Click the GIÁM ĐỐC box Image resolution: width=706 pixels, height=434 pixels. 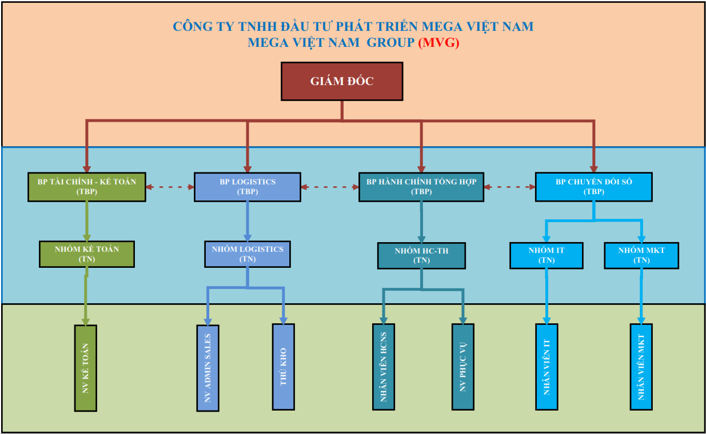(x=342, y=81)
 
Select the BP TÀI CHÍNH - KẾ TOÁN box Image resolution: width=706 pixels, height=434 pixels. (x=87, y=187)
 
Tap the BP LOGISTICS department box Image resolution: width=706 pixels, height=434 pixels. (x=247, y=187)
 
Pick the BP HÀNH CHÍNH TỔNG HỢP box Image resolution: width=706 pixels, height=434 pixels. (x=421, y=187)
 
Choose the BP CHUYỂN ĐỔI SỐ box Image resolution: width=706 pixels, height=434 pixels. (x=593, y=187)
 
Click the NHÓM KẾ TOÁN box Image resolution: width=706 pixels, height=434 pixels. (x=87, y=254)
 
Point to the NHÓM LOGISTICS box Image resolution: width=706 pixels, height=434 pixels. (x=247, y=254)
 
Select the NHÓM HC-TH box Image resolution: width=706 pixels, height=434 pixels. (x=421, y=255)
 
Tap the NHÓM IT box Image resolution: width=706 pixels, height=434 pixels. (x=547, y=255)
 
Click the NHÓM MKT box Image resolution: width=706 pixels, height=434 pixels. (x=641, y=255)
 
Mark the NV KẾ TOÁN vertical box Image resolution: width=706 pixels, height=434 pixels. (x=86, y=368)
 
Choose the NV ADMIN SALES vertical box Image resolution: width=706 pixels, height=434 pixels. (x=208, y=368)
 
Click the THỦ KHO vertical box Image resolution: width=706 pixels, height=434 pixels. (x=284, y=367)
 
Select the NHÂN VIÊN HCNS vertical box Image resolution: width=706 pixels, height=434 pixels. (x=384, y=367)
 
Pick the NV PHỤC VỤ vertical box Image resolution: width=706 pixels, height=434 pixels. (x=462, y=367)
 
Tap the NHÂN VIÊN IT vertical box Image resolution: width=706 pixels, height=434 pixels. (x=547, y=367)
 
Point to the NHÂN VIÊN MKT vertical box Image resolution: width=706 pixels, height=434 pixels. (x=641, y=367)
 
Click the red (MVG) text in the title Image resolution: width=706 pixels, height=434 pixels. (x=438, y=43)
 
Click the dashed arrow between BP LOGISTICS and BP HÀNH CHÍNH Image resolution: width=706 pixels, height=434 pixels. (x=330, y=186)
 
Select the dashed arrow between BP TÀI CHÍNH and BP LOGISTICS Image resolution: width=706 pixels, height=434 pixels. (x=170, y=186)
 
